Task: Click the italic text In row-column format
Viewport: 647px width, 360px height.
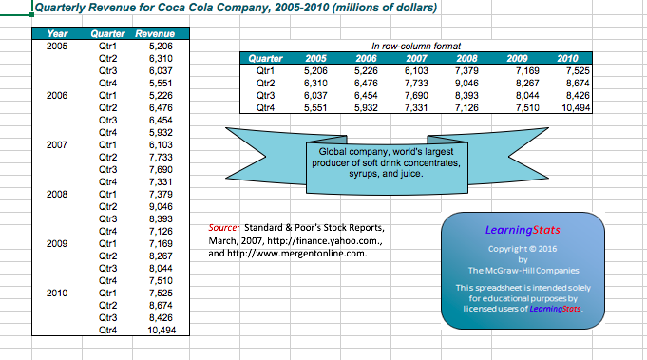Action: tap(416, 46)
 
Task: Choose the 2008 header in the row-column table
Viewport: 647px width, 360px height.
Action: tap(467, 58)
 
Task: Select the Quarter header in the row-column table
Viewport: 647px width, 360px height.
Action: tap(265, 58)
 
